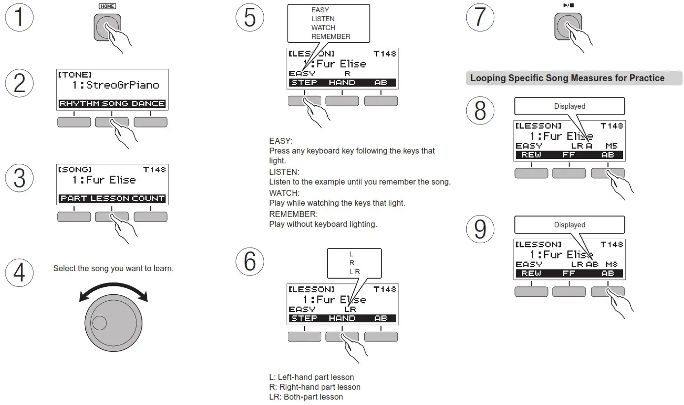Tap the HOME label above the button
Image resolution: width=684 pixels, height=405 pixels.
(x=107, y=6)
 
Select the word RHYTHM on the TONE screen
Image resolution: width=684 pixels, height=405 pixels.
(x=80, y=104)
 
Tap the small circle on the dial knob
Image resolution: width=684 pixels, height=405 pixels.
(x=99, y=323)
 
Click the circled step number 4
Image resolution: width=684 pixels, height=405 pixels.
(x=19, y=272)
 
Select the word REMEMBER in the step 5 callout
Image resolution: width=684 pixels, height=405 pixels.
(x=331, y=36)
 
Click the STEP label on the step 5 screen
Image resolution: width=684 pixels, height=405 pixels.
(x=304, y=83)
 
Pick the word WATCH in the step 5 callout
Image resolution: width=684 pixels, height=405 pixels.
(x=323, y=28)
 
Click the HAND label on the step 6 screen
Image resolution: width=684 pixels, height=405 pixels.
(x=342, y=318)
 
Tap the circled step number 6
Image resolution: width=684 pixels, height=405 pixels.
(x=250, y=261)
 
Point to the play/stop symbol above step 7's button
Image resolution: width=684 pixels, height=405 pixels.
(x=568, y=5)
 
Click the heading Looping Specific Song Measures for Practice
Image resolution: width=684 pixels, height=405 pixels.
(x=567, y=78)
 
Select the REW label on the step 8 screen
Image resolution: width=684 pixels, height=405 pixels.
(x=531, y=155)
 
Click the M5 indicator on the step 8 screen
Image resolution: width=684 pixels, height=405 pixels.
(x=612, y=146)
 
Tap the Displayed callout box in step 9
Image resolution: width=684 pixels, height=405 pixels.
(x=569, y=225)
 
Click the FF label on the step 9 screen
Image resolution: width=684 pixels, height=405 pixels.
(x=569, y=274)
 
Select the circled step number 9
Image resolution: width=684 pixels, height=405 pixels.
(x=480, y=229)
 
